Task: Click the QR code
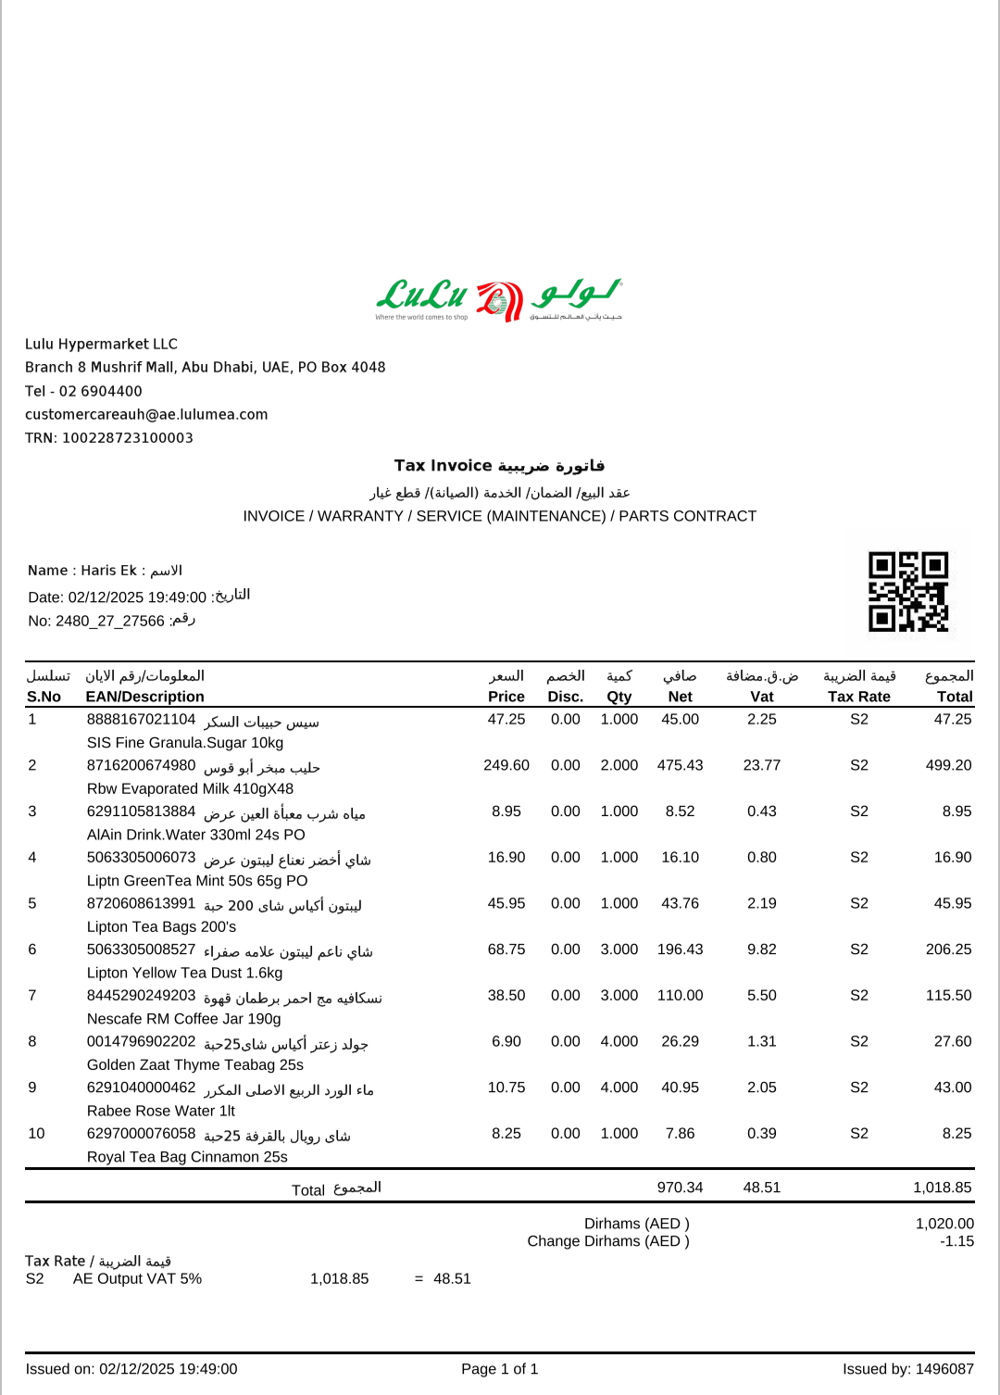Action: click(x=908, y=591)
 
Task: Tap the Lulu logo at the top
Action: click(x=499, y=298)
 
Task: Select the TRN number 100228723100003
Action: click(x=128, y=438)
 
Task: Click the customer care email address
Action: click(x=146, y=415)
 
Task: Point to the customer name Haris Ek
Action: click(x=108, y=571)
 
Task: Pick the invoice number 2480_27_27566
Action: click(x=110, y=622)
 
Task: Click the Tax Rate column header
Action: click(x=858, y=697)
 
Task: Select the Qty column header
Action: click(x=619, y=697)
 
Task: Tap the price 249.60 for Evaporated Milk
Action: click(x=506, y=765)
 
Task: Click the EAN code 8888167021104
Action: click(x=141, y=720)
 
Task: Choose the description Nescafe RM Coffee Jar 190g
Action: click(x=183, y=1019)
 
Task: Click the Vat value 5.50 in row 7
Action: click(x=761, y=996)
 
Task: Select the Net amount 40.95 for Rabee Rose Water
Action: click(x=680, y=1087)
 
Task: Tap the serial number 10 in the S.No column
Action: click(x=37, y=1134)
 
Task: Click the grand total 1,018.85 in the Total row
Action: click(x=942, y=1188)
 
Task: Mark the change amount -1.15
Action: click(x=956, y=1241)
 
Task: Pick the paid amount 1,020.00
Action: click(x=944, y=1224)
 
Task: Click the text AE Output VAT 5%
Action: click(x=137, y=1279)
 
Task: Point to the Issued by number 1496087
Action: click(x=944, y=1369)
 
